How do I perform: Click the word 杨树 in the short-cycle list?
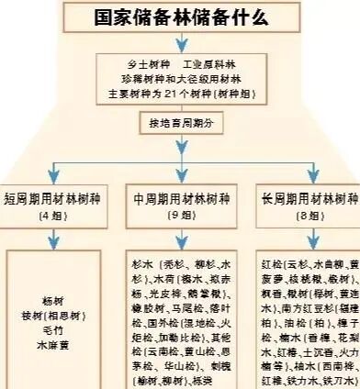coord(54,301)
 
